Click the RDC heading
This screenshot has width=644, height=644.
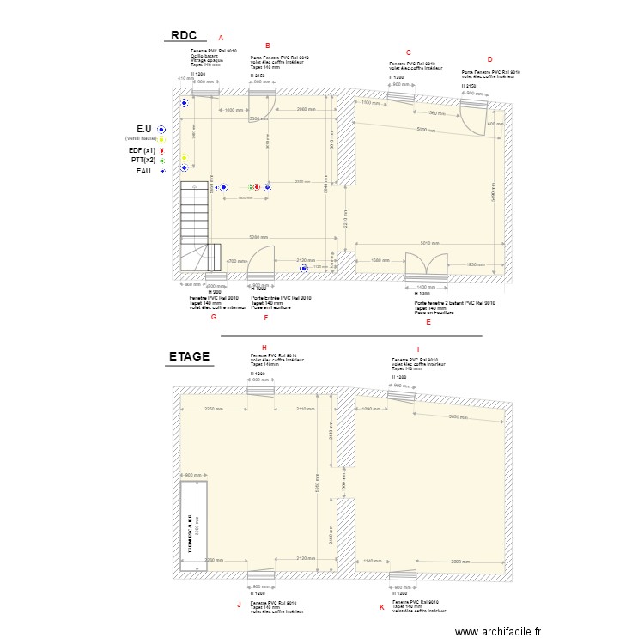184,35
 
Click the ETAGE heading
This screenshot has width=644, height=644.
189,356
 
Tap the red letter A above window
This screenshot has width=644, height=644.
221,38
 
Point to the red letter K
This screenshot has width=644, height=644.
382,606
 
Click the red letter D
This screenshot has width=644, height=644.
489,60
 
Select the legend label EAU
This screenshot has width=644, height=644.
143,171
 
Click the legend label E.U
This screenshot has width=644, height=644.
143,129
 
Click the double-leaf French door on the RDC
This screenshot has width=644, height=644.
427,266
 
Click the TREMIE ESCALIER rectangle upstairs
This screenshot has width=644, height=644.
194,525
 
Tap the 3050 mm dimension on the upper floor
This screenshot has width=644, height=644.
459,418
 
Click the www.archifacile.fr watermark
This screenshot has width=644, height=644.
498,631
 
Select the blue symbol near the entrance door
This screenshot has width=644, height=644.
302,269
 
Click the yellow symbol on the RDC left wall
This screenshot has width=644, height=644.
184,158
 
